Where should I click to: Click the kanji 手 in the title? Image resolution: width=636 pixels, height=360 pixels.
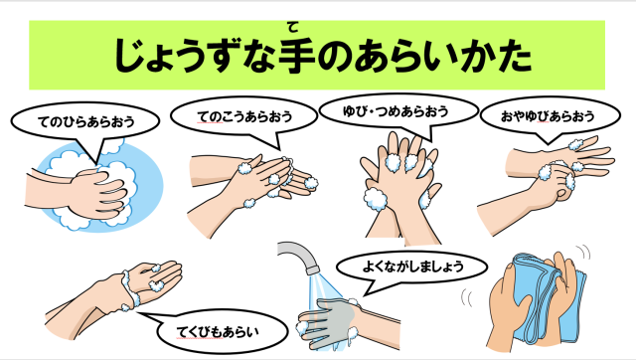click(x=297, y=56)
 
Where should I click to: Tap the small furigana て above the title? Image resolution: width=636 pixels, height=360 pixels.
click(x=292, y=28)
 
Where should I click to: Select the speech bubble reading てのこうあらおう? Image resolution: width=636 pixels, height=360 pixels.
click(x=243, y=117)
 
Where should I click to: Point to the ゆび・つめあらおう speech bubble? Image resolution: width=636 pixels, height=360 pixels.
click(x=398, y=111)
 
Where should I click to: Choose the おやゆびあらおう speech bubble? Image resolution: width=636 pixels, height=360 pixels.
click(x=550, y=117)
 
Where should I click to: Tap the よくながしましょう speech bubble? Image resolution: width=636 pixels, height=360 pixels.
click(x=411, y=268)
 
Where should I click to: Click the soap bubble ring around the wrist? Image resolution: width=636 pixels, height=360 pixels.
click(x=130, y=290)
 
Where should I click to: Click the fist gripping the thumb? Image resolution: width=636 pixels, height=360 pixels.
click(x=555, y=182)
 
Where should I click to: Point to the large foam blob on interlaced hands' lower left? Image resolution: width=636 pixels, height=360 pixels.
click(x=376, y=199)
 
